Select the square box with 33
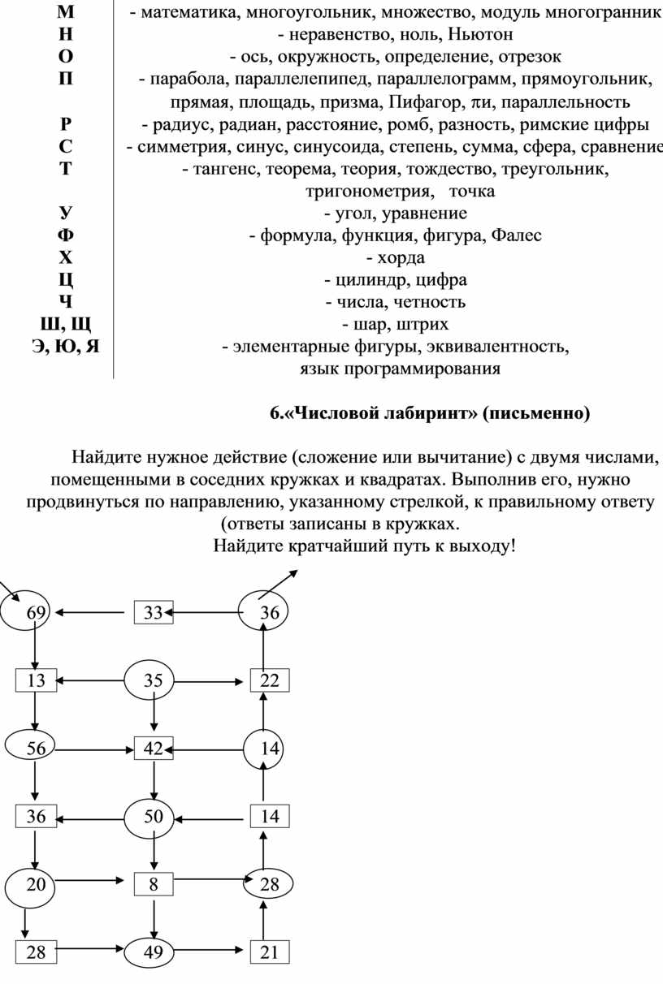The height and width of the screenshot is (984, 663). [154, 612]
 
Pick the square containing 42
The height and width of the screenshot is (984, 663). [154, 749]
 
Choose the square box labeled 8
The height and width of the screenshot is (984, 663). [154, 884]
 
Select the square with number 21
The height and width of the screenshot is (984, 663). [270, 952]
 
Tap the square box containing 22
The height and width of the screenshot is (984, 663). [270, 680]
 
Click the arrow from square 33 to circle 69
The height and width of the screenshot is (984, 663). [93, 612]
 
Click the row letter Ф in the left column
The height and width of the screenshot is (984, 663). [66, 236]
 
